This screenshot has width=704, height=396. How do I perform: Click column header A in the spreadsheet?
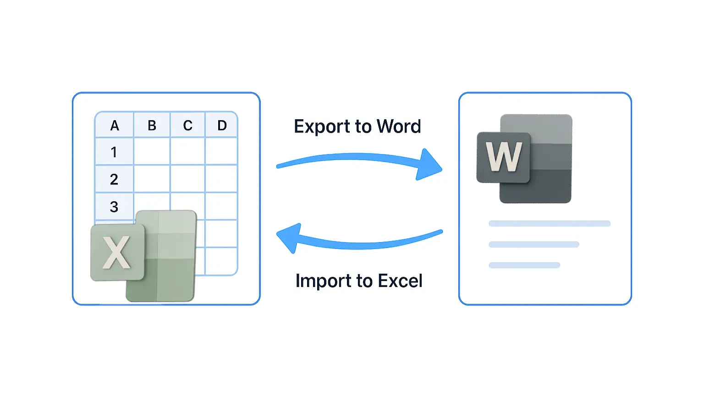tap(115, 126)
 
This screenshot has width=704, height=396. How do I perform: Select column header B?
tap(152, 126)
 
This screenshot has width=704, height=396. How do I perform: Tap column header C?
tap(187, 126)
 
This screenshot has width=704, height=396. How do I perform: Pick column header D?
tap(222, 126)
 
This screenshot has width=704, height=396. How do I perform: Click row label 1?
tap(114, 152)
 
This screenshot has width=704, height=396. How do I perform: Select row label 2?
tap(114, 180)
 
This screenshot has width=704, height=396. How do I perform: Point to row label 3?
tap(114, 207)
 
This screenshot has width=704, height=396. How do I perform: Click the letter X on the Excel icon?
tap(116, 253)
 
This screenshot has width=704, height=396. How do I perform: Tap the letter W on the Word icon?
tap(504, 156)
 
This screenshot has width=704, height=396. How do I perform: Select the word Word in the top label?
tap(399, 126)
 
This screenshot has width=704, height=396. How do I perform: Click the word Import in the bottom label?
tap(324, 281)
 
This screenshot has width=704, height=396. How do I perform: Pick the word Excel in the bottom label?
tap(400, 280)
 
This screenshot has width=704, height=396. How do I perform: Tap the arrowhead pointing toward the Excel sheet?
tap(289, 238)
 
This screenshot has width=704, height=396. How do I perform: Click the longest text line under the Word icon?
tap(550, 224)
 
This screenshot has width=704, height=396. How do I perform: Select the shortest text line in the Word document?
tap(524, 265)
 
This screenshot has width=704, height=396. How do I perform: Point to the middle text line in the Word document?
tap(534, 244)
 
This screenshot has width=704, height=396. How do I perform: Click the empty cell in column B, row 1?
tap(152, 151)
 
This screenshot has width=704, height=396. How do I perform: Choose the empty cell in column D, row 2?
tap(221, 178)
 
